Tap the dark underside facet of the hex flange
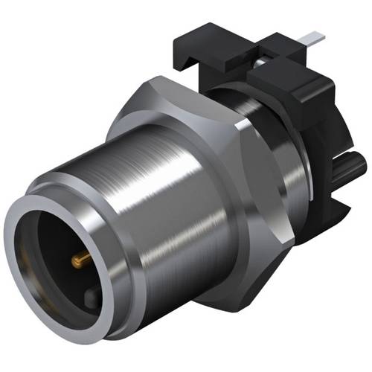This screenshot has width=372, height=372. (x=246, y=275)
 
